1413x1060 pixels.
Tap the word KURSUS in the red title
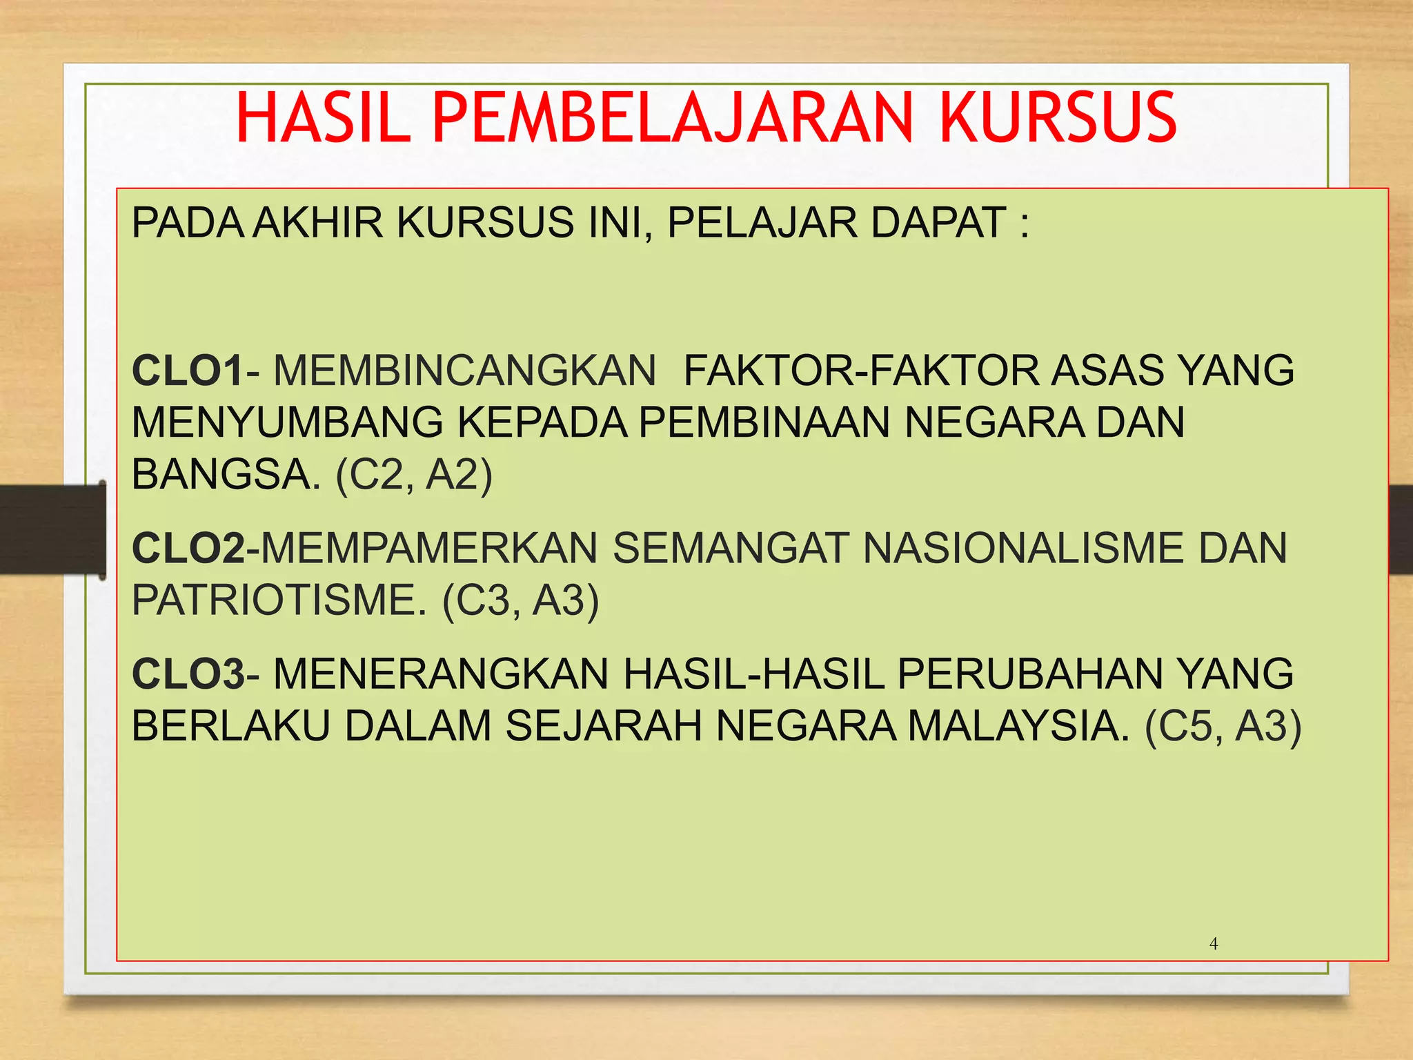click(1057, 118)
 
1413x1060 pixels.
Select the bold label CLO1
click(188, 371)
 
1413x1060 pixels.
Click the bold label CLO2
click(188, 549)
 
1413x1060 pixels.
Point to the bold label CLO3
click(188, 674)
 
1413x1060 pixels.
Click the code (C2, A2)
click(414, 475)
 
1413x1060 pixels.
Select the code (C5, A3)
click(1223, 726)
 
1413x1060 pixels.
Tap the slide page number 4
click(1214, 943)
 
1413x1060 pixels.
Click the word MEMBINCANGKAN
click(464, 371)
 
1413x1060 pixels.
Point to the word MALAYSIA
click(1018, 726)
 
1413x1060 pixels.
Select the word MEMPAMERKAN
click(428, 549)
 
